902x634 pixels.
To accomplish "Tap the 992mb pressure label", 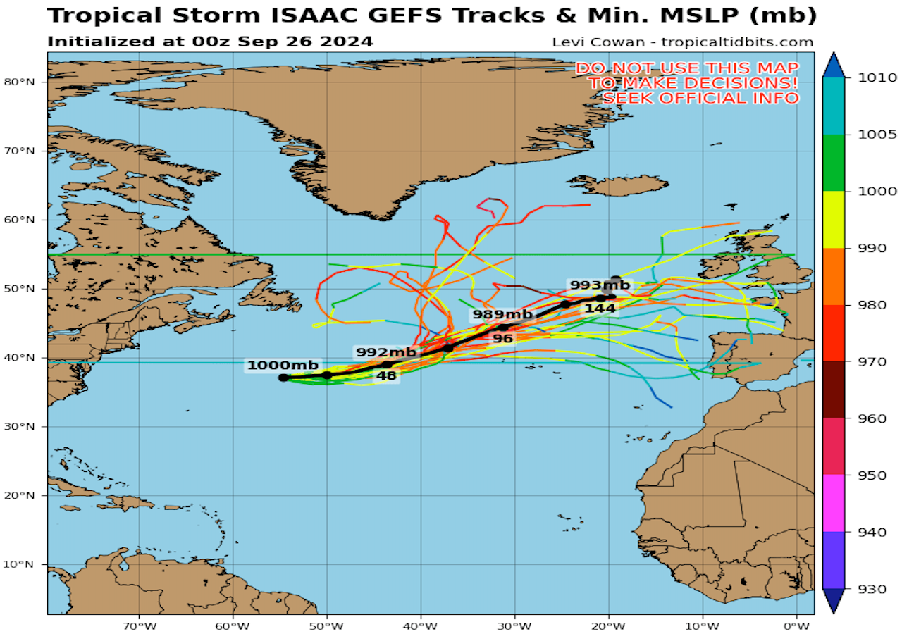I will point(385,352).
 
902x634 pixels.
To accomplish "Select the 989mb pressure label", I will point(502,314).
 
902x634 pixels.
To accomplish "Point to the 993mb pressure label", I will point(600,285).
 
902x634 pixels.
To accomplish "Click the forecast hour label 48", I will point(386,375).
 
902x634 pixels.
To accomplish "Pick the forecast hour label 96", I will point(502,338).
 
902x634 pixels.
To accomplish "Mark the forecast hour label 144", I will point(600,308).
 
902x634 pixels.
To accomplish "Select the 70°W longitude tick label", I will point(139,624).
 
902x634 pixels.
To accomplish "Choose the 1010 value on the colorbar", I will point(863,77).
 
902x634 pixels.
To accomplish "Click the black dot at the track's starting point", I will point(283,378).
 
